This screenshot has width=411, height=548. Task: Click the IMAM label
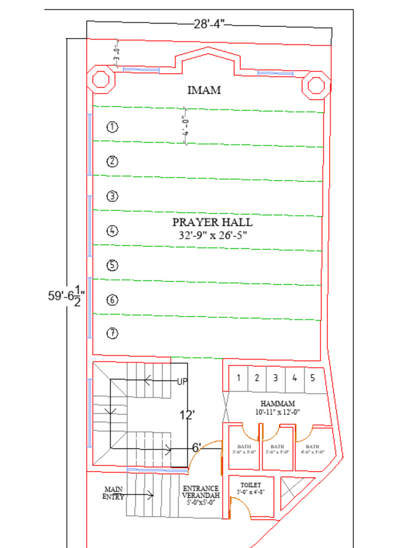pos(204,90)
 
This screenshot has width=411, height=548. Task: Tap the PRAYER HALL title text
pos(212,222)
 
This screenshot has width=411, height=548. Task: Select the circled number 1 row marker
pos(112,127)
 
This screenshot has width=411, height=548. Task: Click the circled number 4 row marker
pos(112,231)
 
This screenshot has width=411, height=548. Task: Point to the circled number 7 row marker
pos(112,333)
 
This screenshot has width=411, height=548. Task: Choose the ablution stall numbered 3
pos(275,378)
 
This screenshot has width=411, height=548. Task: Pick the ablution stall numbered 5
pos(313,378)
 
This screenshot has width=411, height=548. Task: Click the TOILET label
pos(250,484)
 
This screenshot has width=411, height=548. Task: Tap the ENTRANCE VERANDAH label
pos(201,492)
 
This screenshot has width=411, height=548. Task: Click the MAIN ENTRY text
pos(113,493)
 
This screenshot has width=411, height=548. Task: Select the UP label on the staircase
pos(182,382)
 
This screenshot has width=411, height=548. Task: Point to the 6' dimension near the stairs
pos(196,447)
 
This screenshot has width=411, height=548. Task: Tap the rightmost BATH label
pos(313,446)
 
